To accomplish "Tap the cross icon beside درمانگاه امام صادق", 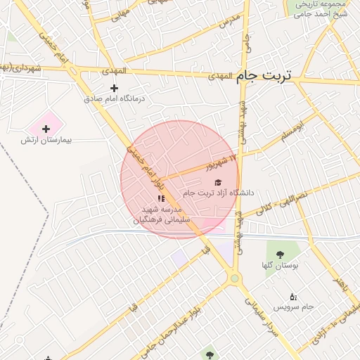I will pyautogui.click(x=115, y=89).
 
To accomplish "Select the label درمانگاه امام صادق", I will pyautogui.click(x=115, y=100).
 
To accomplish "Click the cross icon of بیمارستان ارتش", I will pyautogui.click(x=46, y=129).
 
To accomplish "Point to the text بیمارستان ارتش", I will pyautogui.click(x=46, y=141).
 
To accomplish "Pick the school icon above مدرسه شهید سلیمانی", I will pyautogui.click(x=162, y=199).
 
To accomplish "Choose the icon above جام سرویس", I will pyautogui.click(x=293, y=296).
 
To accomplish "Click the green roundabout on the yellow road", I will pyautogui.click(x=234, y=279).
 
